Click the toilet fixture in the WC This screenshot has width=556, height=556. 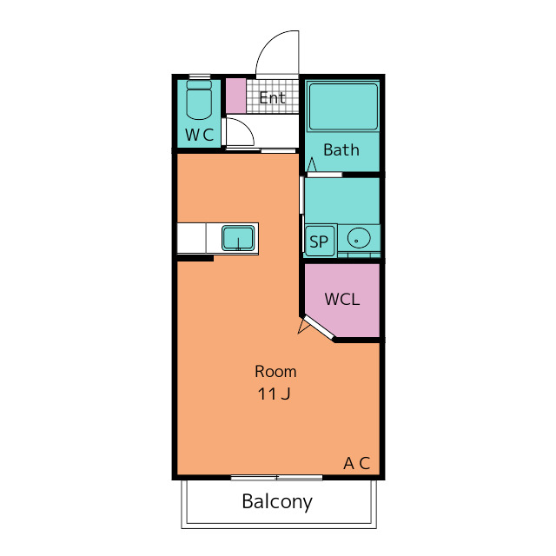(199, 100)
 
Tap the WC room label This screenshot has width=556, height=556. (199, 135)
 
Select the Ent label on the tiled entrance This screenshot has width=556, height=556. (272, 98)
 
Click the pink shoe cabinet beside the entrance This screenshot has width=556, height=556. (235, 96)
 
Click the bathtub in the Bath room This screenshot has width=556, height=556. (343, 107)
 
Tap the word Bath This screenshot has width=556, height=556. (341, 150)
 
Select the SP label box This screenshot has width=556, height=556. (320, 242)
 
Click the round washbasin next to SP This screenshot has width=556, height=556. (359, 238)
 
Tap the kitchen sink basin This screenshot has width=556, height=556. (238, 238)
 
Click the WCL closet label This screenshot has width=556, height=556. (342, 299)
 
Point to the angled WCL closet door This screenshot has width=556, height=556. (319, 328)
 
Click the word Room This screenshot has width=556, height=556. (275, 372)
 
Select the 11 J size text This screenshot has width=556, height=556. (274, 394)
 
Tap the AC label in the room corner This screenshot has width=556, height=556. (357, 463)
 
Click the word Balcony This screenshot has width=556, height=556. (277, 502)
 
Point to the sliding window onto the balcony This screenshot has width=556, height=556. (276, 478)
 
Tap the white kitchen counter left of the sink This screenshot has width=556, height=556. (191, 238)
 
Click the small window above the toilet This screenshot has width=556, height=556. (200, 76)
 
